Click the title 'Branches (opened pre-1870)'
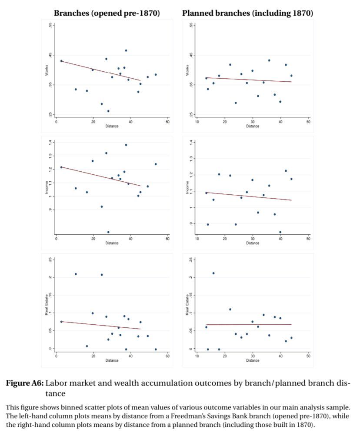coord(107,13)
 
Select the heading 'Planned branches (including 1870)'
coord(247,13)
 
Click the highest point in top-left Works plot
coord(126,50)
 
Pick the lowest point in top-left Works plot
coord(108,111)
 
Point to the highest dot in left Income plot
coord(126,145)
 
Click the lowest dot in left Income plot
coord(108,232)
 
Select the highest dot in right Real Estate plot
coord(213,273)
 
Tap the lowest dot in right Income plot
coord(280,232)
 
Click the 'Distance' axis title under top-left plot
coord(112,126)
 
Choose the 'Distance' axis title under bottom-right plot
coord(253,360)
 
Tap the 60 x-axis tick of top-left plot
coord(167,122)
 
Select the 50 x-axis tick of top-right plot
coord(308,122)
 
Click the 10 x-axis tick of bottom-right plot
coord(197,356)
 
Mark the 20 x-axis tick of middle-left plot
coord(93,239)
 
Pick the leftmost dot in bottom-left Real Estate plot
coord(61,322)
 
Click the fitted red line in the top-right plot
coord(248,80)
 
